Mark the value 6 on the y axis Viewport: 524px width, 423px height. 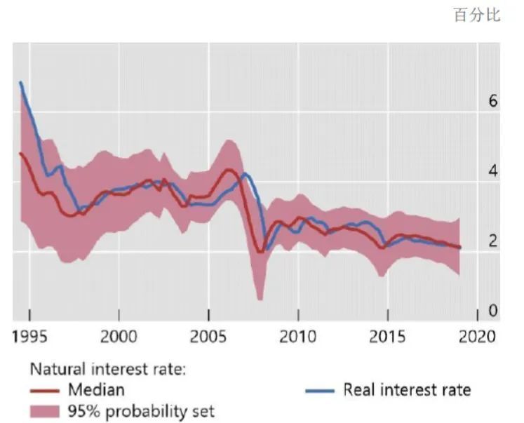[492, 102]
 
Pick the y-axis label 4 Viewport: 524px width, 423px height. [492, 171]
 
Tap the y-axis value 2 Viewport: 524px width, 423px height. [492, 241]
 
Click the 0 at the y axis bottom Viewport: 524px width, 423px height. [492, 310]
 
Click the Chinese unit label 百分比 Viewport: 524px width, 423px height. [477, 15]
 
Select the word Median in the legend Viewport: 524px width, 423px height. [96, 389]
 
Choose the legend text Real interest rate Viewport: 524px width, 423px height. [407, 389]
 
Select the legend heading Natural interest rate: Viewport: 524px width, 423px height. [107, 369]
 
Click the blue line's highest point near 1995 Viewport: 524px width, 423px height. [20, 82]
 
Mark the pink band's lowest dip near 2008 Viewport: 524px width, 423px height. [260, 300]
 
